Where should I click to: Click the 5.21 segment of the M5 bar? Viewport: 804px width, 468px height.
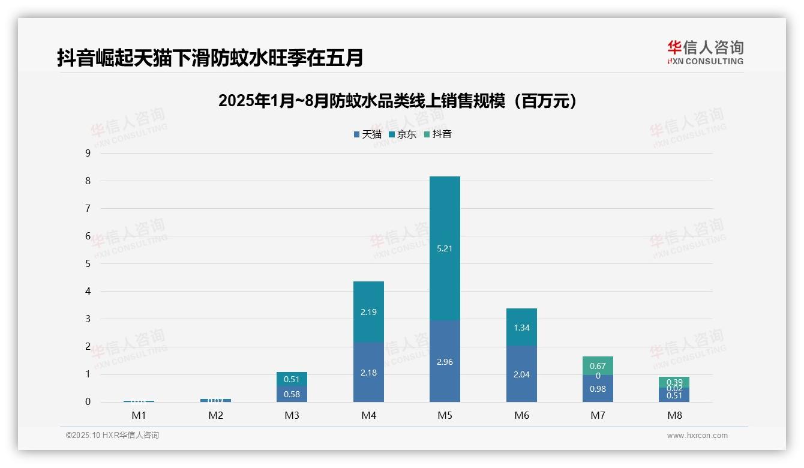[445, 248]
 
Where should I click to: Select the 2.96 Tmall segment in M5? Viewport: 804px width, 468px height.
[445, 361]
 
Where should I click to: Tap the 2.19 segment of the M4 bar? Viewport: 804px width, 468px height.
[368, 312]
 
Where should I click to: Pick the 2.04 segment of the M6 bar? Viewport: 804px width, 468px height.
[521, 374]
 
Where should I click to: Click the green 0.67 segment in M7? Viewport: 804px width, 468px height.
[598, 365]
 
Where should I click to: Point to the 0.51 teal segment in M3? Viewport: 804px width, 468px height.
[292, 379]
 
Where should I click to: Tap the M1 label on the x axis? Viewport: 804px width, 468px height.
[139, 415]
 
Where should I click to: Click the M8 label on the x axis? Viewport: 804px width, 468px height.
[674, 415]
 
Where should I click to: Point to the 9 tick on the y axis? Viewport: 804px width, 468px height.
[88, 153]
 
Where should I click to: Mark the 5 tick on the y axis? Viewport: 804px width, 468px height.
[88, 264]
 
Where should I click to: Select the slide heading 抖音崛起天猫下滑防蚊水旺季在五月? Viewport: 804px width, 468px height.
[210, 58]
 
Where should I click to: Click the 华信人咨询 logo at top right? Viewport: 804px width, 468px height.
[705, 52]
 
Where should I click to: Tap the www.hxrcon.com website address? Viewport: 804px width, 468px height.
[697, 436]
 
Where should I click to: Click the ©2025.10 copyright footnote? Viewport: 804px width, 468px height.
[112, 436]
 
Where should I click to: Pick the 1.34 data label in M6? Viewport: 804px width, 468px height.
[521, 328]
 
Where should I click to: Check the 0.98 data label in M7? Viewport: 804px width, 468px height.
[598, 389]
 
